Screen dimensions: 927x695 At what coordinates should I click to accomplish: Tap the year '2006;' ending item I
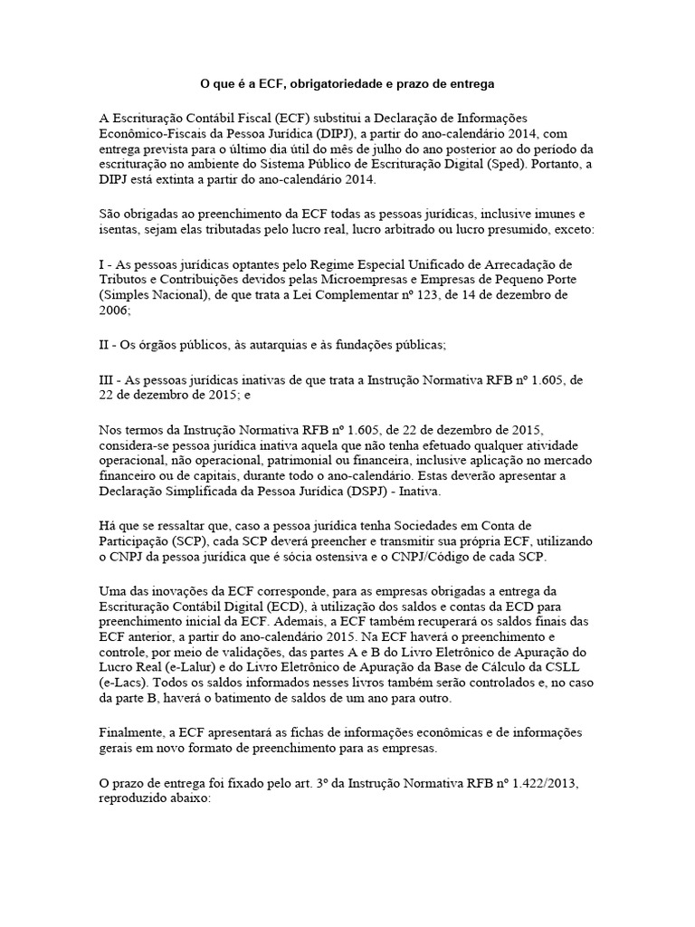pos(114,310)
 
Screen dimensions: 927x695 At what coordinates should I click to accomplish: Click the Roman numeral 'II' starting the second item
pos(104,344)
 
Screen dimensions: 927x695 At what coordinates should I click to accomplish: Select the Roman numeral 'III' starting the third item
pos(107,379)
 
